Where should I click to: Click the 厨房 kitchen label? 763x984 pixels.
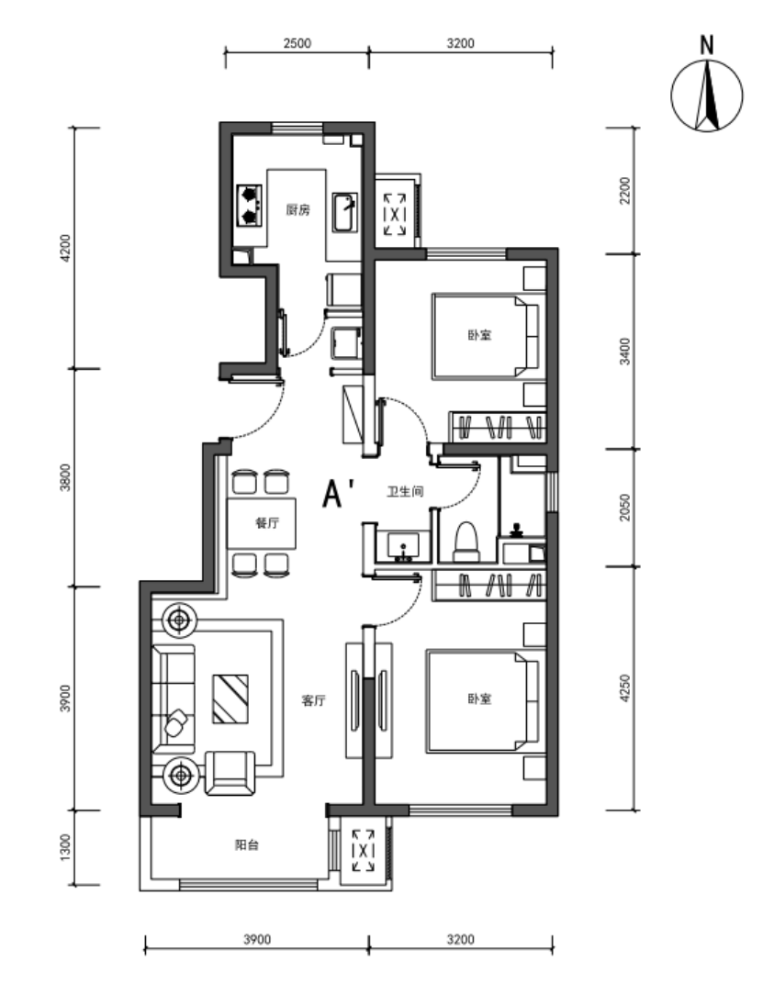pyautogui.click(x=297, y=210)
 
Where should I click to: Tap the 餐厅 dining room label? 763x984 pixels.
pyautogui.click(x=267, y=523)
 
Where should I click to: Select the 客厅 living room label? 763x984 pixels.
pyautogui.click(x=313, y=700)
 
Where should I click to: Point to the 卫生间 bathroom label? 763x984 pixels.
pyautogui.click(x=404, y=491)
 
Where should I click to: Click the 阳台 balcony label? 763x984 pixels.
pyautogui.click(x=247, y=844)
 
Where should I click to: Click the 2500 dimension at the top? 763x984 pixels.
pyautogui.click(x=297, y=43)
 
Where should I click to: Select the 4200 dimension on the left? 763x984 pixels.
pyautogui.click(x=66, y=248)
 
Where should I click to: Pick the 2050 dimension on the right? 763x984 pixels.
pyautogui.click(x=624, y=507)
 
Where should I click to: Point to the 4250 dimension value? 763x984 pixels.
pyautogui.click(x=624, y=688)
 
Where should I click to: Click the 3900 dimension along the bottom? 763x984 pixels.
pyautogui.click(x=257, y=939)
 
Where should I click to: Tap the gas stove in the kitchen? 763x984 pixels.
pyautogui.click(x=250, y=206)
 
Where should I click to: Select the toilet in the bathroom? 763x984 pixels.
pyautogui.click(x=466, y=542)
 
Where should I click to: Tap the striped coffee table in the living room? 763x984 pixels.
pyautogui.click(x=230, y=699)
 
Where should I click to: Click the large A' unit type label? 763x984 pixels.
pyautogui.click(x=339, y=493)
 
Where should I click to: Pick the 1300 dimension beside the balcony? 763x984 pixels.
pyautogui.click(x=66, y=847)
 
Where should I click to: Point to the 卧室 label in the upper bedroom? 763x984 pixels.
pyautogui.click(x=479, y=335)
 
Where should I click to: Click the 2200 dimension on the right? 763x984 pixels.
pyautogui.click(x=624, y=190)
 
